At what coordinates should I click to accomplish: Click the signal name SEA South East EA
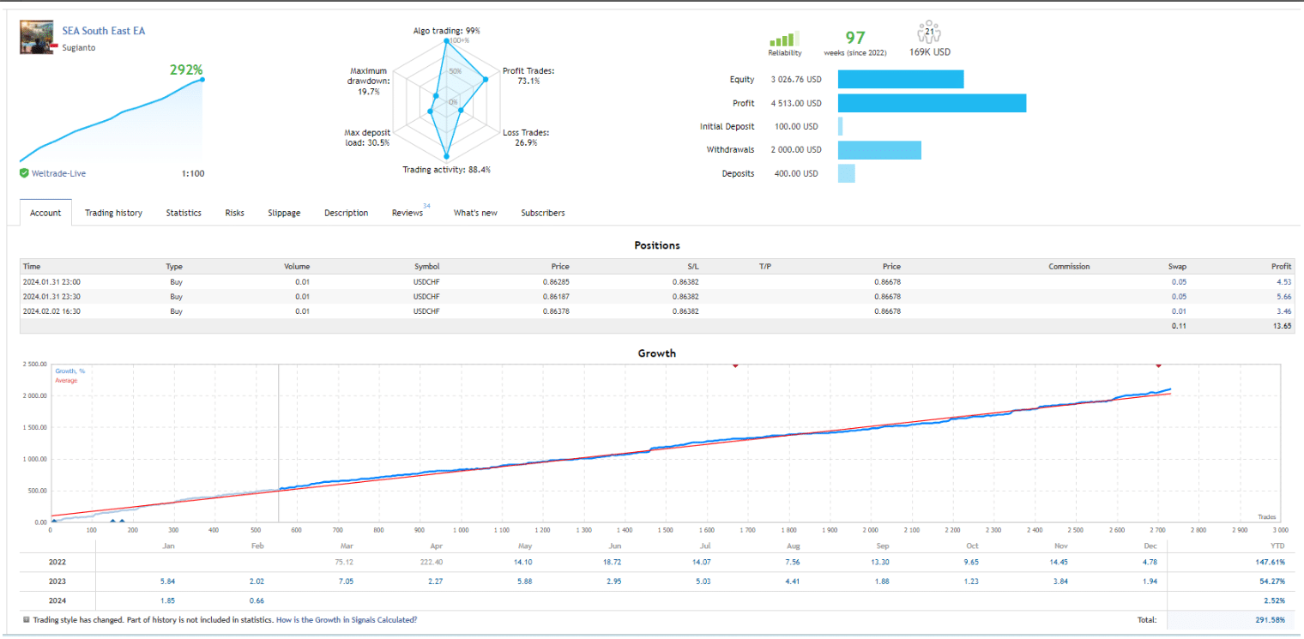coord(104,31)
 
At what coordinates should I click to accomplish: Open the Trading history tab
coord(113,213)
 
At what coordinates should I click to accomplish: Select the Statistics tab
coord(184,213)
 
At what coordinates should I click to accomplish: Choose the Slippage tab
coord(284,213)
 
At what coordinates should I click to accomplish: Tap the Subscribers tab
coord(542,213)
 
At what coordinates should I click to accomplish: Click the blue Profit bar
coord(932,103)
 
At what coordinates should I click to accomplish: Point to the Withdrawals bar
coord(879,150)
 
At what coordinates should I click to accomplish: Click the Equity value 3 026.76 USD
coord(796,80)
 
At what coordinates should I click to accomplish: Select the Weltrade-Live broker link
coord(58,173)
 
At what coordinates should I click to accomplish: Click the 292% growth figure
coord(186,69)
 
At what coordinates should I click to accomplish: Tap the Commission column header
coord(1069,267)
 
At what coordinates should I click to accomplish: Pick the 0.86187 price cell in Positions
coord(556,297)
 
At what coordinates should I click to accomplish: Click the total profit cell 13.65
coord(1282,326)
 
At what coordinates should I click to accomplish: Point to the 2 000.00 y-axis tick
coord(34,395)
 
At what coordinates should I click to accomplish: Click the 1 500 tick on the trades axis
coord(666,530)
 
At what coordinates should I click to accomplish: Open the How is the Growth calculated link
coord(347,620)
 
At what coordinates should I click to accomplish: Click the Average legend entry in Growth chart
coord(66,381)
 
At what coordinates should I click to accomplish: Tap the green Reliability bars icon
coord(784,39)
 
